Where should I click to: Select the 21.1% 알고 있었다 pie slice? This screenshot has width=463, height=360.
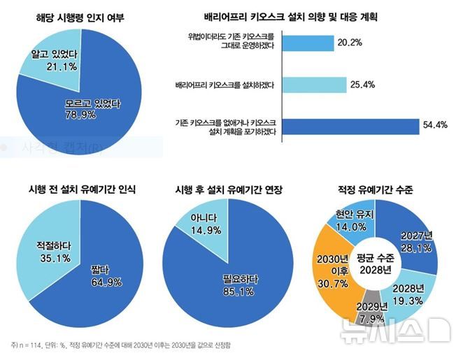(x=49, y=59)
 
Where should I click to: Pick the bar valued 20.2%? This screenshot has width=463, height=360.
(x=308, y=43)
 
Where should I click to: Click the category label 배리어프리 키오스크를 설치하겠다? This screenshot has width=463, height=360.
(x=225, y=85)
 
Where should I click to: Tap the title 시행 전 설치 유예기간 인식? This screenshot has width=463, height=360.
(x=81, y=189)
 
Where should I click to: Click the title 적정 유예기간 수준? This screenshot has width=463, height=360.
(x=375, y=189)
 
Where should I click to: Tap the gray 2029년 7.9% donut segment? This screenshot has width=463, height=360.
(x=371, y=312)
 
